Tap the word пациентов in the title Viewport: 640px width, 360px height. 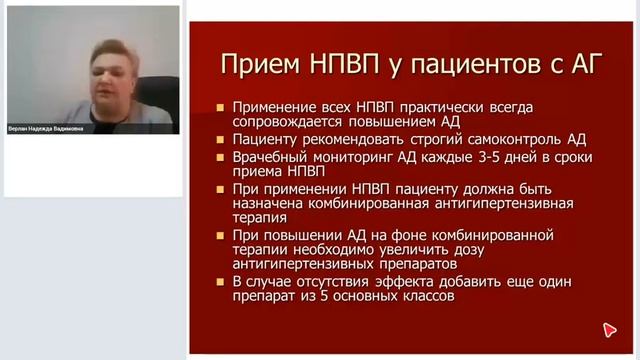click(464, 66)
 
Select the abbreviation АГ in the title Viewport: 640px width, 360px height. click(579, 66)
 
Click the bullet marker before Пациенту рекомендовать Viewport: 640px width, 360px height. click(221, 140)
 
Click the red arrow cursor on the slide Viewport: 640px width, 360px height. click(608, 330)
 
